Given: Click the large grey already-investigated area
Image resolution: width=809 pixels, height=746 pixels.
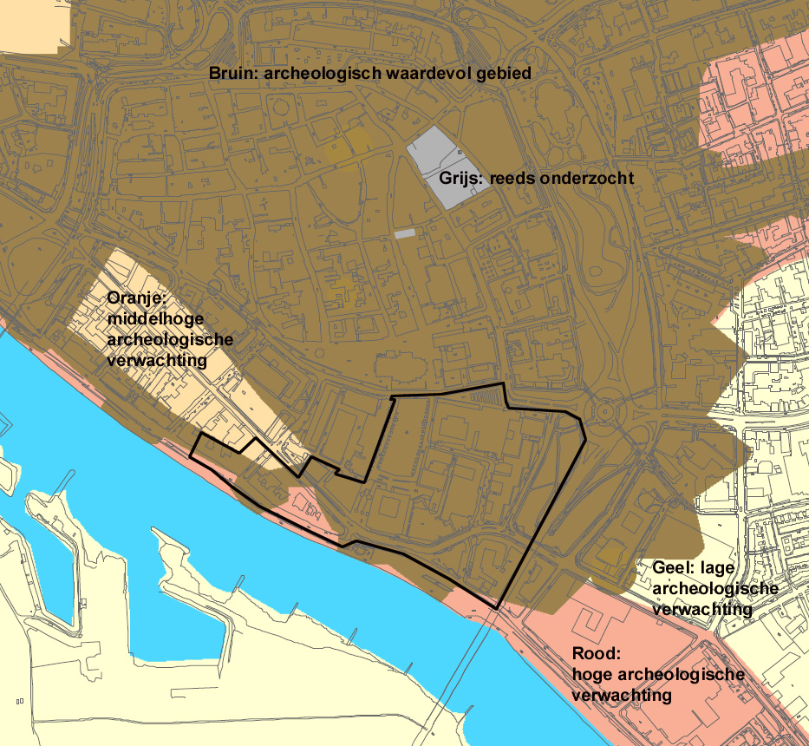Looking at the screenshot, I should (447, 165).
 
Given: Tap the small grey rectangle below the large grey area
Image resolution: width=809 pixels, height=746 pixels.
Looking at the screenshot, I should (405, 234).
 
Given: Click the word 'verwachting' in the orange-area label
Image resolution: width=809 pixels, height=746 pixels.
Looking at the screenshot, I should (156, 358).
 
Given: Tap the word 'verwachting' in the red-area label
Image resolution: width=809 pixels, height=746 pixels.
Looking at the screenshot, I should (621, 696).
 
